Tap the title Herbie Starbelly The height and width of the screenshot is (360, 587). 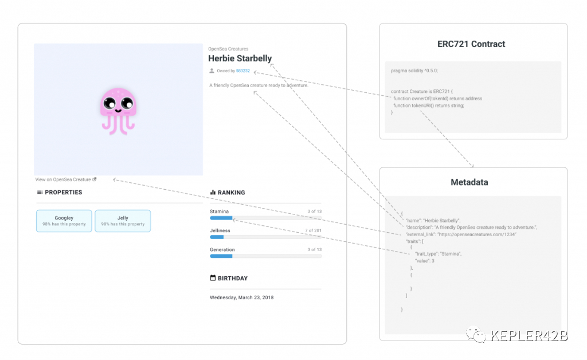point(240,58)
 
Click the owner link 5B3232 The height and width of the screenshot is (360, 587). point(243,71)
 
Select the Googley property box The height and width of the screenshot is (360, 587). point(64,221)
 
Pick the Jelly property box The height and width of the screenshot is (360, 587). point(123,221)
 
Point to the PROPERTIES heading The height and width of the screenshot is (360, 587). point(63,193)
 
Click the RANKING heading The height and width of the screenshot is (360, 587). point(231,193)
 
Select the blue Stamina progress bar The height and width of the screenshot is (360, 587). point(221,218)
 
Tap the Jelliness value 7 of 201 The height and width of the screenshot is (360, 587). point(313,230)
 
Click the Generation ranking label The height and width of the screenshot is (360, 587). point(222,250)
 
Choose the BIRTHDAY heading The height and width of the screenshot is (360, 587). point(232,279)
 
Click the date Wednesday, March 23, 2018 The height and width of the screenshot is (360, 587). point(241,298)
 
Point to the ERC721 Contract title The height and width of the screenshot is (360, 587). point(471,44)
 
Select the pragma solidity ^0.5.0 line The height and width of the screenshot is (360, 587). point(414,71)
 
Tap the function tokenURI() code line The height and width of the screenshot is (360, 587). point(428,105)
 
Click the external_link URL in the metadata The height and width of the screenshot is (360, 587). point(477,235)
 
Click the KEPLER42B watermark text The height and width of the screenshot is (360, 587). point(527,336)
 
